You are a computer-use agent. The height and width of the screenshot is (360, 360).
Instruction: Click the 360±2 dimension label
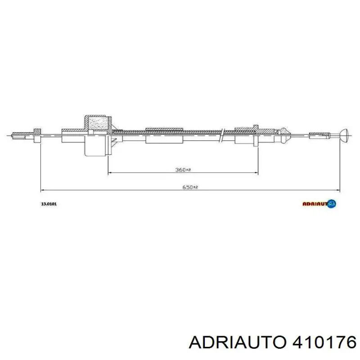click(183, 170)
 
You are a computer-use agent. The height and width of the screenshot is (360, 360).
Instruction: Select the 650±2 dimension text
click(190, 187)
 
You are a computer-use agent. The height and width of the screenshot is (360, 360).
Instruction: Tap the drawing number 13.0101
click(49, 204)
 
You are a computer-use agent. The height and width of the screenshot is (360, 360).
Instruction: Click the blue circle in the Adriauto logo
click(332, 203)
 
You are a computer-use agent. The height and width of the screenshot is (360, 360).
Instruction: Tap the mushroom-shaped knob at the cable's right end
click(344, 135)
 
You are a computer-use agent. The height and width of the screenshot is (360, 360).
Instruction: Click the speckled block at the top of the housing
click(98, 123)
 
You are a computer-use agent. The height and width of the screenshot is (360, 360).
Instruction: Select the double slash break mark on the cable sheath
click(221, 135)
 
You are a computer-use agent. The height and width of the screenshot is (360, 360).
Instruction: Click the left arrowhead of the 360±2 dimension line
click(109, 172)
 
